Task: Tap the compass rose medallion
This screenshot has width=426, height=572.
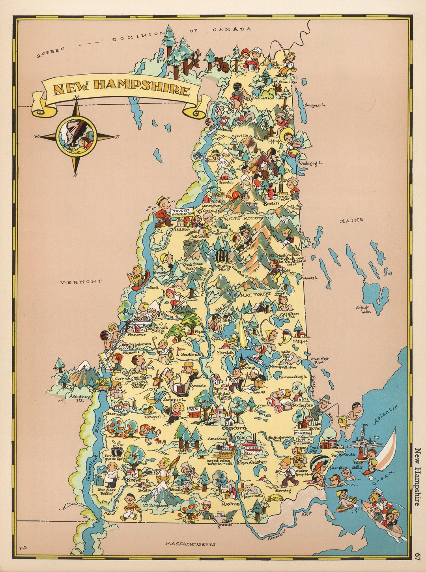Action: pos(77,137)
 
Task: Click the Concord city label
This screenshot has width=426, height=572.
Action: pos(234,428)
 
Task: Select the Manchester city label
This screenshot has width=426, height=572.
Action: pos(252,461)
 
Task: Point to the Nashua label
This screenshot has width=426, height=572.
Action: pos(231,504)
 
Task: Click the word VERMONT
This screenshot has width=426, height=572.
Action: pos(81,281)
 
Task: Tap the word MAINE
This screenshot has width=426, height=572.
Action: pos(351,220)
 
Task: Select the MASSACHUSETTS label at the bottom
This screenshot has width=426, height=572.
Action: pos(191,544)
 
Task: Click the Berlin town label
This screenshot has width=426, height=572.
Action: pos(271,203)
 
